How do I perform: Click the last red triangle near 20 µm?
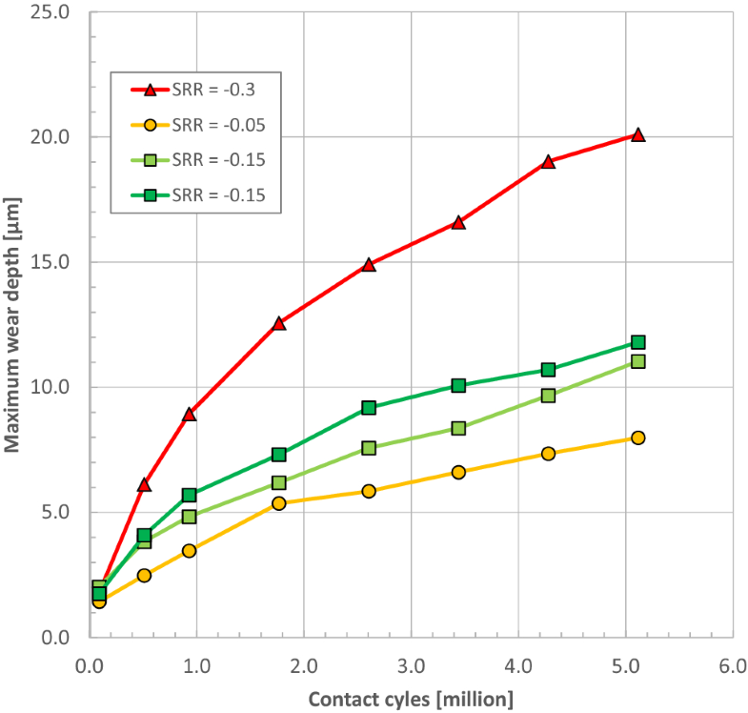click(637, 135)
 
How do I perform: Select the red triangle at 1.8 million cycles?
click(279, 323)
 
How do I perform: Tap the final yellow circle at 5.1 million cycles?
click(637, 438)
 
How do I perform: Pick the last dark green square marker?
click(637, 342)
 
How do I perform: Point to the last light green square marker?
click(637, 361)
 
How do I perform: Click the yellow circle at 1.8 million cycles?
click(279, 503)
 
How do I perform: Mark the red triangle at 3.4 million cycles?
click(458, 222)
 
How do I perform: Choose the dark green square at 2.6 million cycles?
click(369, 408)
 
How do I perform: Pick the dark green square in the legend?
click(150, 195)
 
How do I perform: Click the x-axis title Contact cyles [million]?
click(410, 699)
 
